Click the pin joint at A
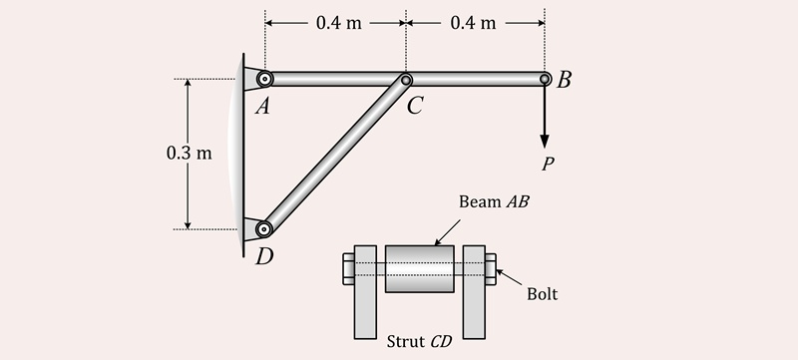point(264,79)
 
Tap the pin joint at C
point(406,80)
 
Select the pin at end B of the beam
point(545,79)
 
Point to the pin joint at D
point(263,229)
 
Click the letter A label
point(262,107)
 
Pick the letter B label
point(565,81)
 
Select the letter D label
point(264,257)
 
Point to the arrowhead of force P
point(546,140)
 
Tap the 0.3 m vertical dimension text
point(189,154)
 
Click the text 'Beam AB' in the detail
point(494,201)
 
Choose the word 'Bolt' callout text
point(543,294)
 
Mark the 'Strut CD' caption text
point(419,341)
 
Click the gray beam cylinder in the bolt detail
point(419,269)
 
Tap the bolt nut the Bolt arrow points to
point(491,269)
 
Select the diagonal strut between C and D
point(334,155)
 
